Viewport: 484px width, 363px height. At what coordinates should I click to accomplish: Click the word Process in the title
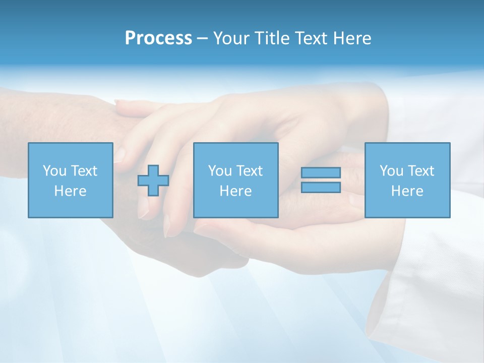[158, 38]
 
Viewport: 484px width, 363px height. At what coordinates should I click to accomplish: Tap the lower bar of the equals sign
[321, 187]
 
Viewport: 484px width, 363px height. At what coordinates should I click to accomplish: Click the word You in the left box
[54, 170]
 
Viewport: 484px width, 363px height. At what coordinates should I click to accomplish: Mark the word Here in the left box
[70, 191]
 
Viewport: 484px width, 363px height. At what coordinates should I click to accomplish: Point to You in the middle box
[220, 170]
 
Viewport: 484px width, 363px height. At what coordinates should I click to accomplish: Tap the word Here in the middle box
[235, 191]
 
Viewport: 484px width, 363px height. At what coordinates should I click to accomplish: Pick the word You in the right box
[391, 170]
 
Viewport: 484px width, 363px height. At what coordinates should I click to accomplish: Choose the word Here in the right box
[407, 191]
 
